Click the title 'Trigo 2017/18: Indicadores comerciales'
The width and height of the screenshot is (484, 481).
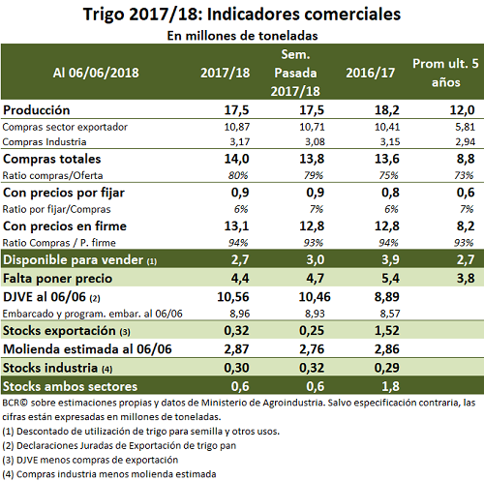[x=242, y=15]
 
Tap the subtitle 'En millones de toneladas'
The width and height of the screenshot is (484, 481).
[x=242, y=36]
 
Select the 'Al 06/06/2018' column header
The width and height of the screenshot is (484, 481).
[x=96, y=73]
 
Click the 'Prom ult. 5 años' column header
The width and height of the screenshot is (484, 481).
[x=445, y=73]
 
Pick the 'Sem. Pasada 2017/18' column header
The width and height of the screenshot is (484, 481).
[x=295, y=73]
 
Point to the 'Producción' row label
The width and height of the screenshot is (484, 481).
[x=37, y=110]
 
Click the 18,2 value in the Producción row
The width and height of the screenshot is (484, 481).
[x=387, y=110]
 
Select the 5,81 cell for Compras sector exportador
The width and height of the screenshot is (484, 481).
[x=465, y=127]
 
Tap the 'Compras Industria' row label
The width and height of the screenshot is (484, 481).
[x=45, y=142]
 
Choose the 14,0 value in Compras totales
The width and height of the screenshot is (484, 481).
[x=236, y=159]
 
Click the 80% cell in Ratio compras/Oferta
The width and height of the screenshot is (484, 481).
[x=238, y=175]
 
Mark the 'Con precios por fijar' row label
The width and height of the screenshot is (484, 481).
[x=64, y=193]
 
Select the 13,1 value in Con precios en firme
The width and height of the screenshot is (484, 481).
[x=236, y=225]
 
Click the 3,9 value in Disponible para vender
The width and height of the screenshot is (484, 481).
[x=390, y=259]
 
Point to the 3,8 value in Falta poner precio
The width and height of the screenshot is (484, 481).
[x=466, y=278]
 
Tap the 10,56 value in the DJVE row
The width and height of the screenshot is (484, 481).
[x=233, y=297]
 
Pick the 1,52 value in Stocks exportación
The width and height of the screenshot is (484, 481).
[x=387, y=330]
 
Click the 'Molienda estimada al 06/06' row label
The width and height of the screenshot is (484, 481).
[x=87, y=349]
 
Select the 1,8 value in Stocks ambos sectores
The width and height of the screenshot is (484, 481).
[x=390, y=386]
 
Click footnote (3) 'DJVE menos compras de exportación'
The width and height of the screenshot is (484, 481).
[x=90, y=460]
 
